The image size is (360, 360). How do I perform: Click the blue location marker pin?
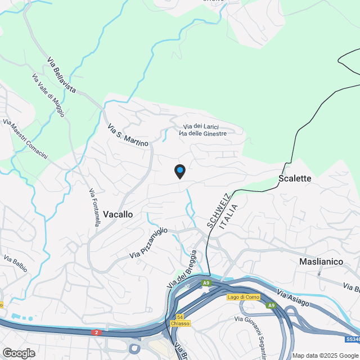pyautogui.click(x=179, y=171)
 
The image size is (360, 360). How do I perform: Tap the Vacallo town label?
pyautogui.click(x=118, y=214)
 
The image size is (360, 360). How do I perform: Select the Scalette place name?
pyautogui.click(x=295, y=178)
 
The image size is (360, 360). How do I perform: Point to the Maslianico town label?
pyautogui.click(x=321, y=262)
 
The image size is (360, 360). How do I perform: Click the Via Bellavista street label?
pyautogui.click(x=61, y=74)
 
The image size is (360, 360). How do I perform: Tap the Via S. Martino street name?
pyautogui.click(x=128, y=136)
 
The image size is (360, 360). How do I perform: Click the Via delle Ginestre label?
pyautogui.click(x=202, y=133)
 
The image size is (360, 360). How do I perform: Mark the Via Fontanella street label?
pyautogui.click(x=94, y=208)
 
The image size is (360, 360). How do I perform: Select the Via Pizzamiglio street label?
pyautogui.click(x=148, y=243)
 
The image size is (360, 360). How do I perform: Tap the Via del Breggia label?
pyautogui.click(x=182, y=270)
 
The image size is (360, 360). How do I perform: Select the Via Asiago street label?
pyautogui.click(x=293, y=299)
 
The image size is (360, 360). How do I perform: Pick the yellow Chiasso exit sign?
pyautogui.click(x=180, y=323)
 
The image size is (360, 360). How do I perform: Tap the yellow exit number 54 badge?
pyautogui.click(x=180, y=317)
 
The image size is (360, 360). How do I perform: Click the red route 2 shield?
pyautogui.click(x=96, y=333)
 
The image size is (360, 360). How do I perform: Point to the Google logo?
pyautogui.click(x=19, y=353)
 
